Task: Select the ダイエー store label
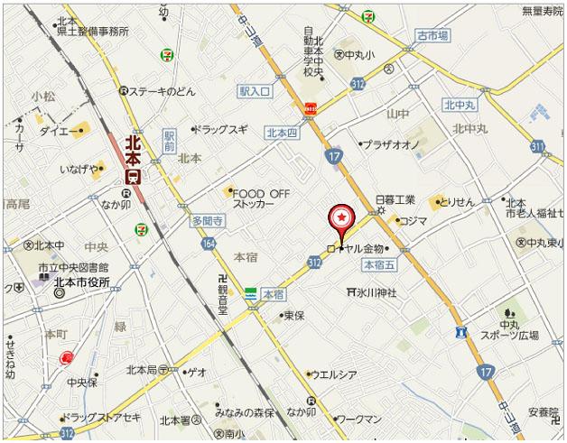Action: [58, 131]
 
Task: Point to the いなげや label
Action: [80, 169]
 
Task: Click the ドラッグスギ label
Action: [221, 129]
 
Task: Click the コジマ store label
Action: [413, 220]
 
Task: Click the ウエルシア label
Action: [334, 374]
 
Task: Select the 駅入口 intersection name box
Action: [256, 90]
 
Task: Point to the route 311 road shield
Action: [538, 145]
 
